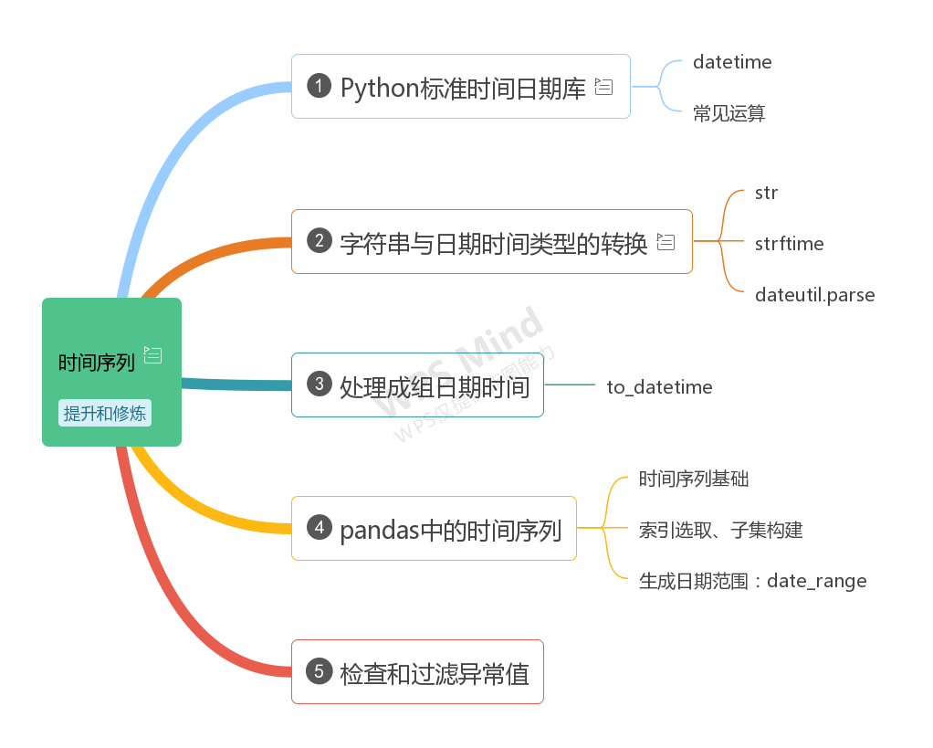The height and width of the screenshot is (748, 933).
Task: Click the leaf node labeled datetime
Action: [732, 62]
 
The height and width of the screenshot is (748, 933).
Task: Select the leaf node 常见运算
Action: [729, 113]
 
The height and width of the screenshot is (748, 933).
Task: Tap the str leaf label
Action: [766, 193]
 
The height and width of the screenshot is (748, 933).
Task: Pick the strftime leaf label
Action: [789, 244]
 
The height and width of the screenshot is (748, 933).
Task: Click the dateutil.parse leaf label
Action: [814, 295]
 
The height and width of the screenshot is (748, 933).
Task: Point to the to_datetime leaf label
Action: [659, 387]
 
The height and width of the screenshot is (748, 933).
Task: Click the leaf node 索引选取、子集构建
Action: [720, 530]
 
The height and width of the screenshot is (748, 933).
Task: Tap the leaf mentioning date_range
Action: [752, 581]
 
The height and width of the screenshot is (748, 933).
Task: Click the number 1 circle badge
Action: [319, 86]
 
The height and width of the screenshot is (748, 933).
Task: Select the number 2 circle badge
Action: [319, 241]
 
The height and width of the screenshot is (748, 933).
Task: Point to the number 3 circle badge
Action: [319, 385]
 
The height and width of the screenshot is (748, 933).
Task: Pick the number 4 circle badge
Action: [319, 528]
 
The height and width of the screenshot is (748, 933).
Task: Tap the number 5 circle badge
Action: [319, 671]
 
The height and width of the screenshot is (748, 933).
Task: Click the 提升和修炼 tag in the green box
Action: [104, 413]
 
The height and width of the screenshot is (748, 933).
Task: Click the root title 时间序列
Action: [97, 363]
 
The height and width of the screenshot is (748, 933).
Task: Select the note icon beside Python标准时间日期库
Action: [603, 87]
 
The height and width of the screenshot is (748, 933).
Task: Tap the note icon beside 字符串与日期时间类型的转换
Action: [666, 242]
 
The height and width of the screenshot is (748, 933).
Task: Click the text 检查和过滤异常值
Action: [435, 674]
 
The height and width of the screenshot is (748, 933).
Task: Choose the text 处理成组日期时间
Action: [435, 387]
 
